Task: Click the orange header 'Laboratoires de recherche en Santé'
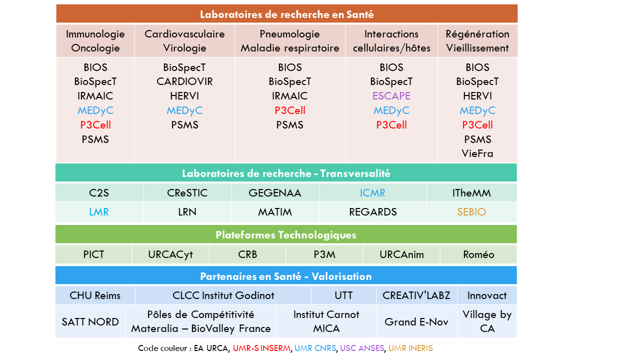click(286, 14)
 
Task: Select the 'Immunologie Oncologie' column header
click(95, 41)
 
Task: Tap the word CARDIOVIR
click(184, 81)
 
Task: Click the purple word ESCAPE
click(391, 96)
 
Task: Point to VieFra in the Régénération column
click(477, 153)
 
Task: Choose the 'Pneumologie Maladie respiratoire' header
click(290, 41)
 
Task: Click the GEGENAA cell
click(275, 193)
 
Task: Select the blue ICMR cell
click(372, 193)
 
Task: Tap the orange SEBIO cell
click(471, 212)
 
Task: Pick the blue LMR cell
click(99, 212)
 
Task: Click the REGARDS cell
click(372, 212)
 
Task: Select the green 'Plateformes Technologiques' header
click(286, 235)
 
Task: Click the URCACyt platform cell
click(170, 254)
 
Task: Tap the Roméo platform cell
click(478, 254)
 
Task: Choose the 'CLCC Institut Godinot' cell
click(223, 295)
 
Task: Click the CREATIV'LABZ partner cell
click(416, 295)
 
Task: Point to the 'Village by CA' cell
click(487, 321)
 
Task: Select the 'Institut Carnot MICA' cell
click(326, 321)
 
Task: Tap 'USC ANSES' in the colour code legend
click(362, 348)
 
